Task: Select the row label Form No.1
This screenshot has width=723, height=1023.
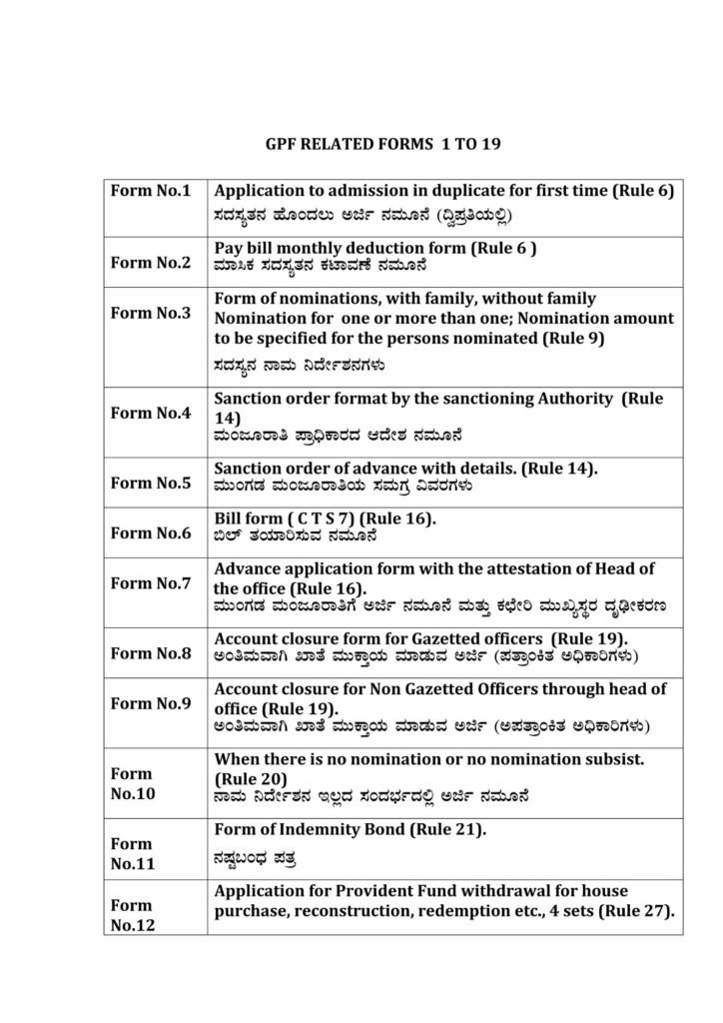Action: coord(151,191)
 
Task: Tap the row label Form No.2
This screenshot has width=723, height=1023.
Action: coord(151,264)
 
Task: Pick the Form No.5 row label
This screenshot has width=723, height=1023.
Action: coord(151,483)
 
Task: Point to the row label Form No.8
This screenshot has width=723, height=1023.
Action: coord(151,653)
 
